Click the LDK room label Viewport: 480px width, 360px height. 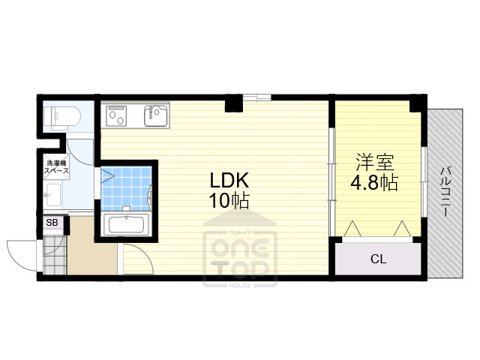tap(229, 180)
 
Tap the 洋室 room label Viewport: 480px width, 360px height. tap(375, 163)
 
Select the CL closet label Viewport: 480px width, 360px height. tap(378, 259)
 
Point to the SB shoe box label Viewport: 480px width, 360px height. tap(52, 222)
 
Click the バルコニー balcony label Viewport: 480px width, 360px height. tap(445, 191)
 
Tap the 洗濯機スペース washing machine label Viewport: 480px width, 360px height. tap(56, 166)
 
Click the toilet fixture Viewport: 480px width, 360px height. tap(61, 117)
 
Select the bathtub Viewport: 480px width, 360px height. tap(127, 224)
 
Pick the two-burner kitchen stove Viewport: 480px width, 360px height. tap(116, 115)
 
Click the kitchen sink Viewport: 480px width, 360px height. tap(157, 115)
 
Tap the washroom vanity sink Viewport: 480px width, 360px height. tap(52, 195)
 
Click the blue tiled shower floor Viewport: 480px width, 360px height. tap(126, 188)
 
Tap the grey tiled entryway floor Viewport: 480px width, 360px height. tap(55, 255)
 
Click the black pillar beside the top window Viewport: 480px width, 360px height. tap(234, 103)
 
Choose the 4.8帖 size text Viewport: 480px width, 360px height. tap(373, 183)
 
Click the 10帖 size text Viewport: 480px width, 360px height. tap(229, 200)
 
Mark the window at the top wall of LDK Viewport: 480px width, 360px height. tap(256, 97)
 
